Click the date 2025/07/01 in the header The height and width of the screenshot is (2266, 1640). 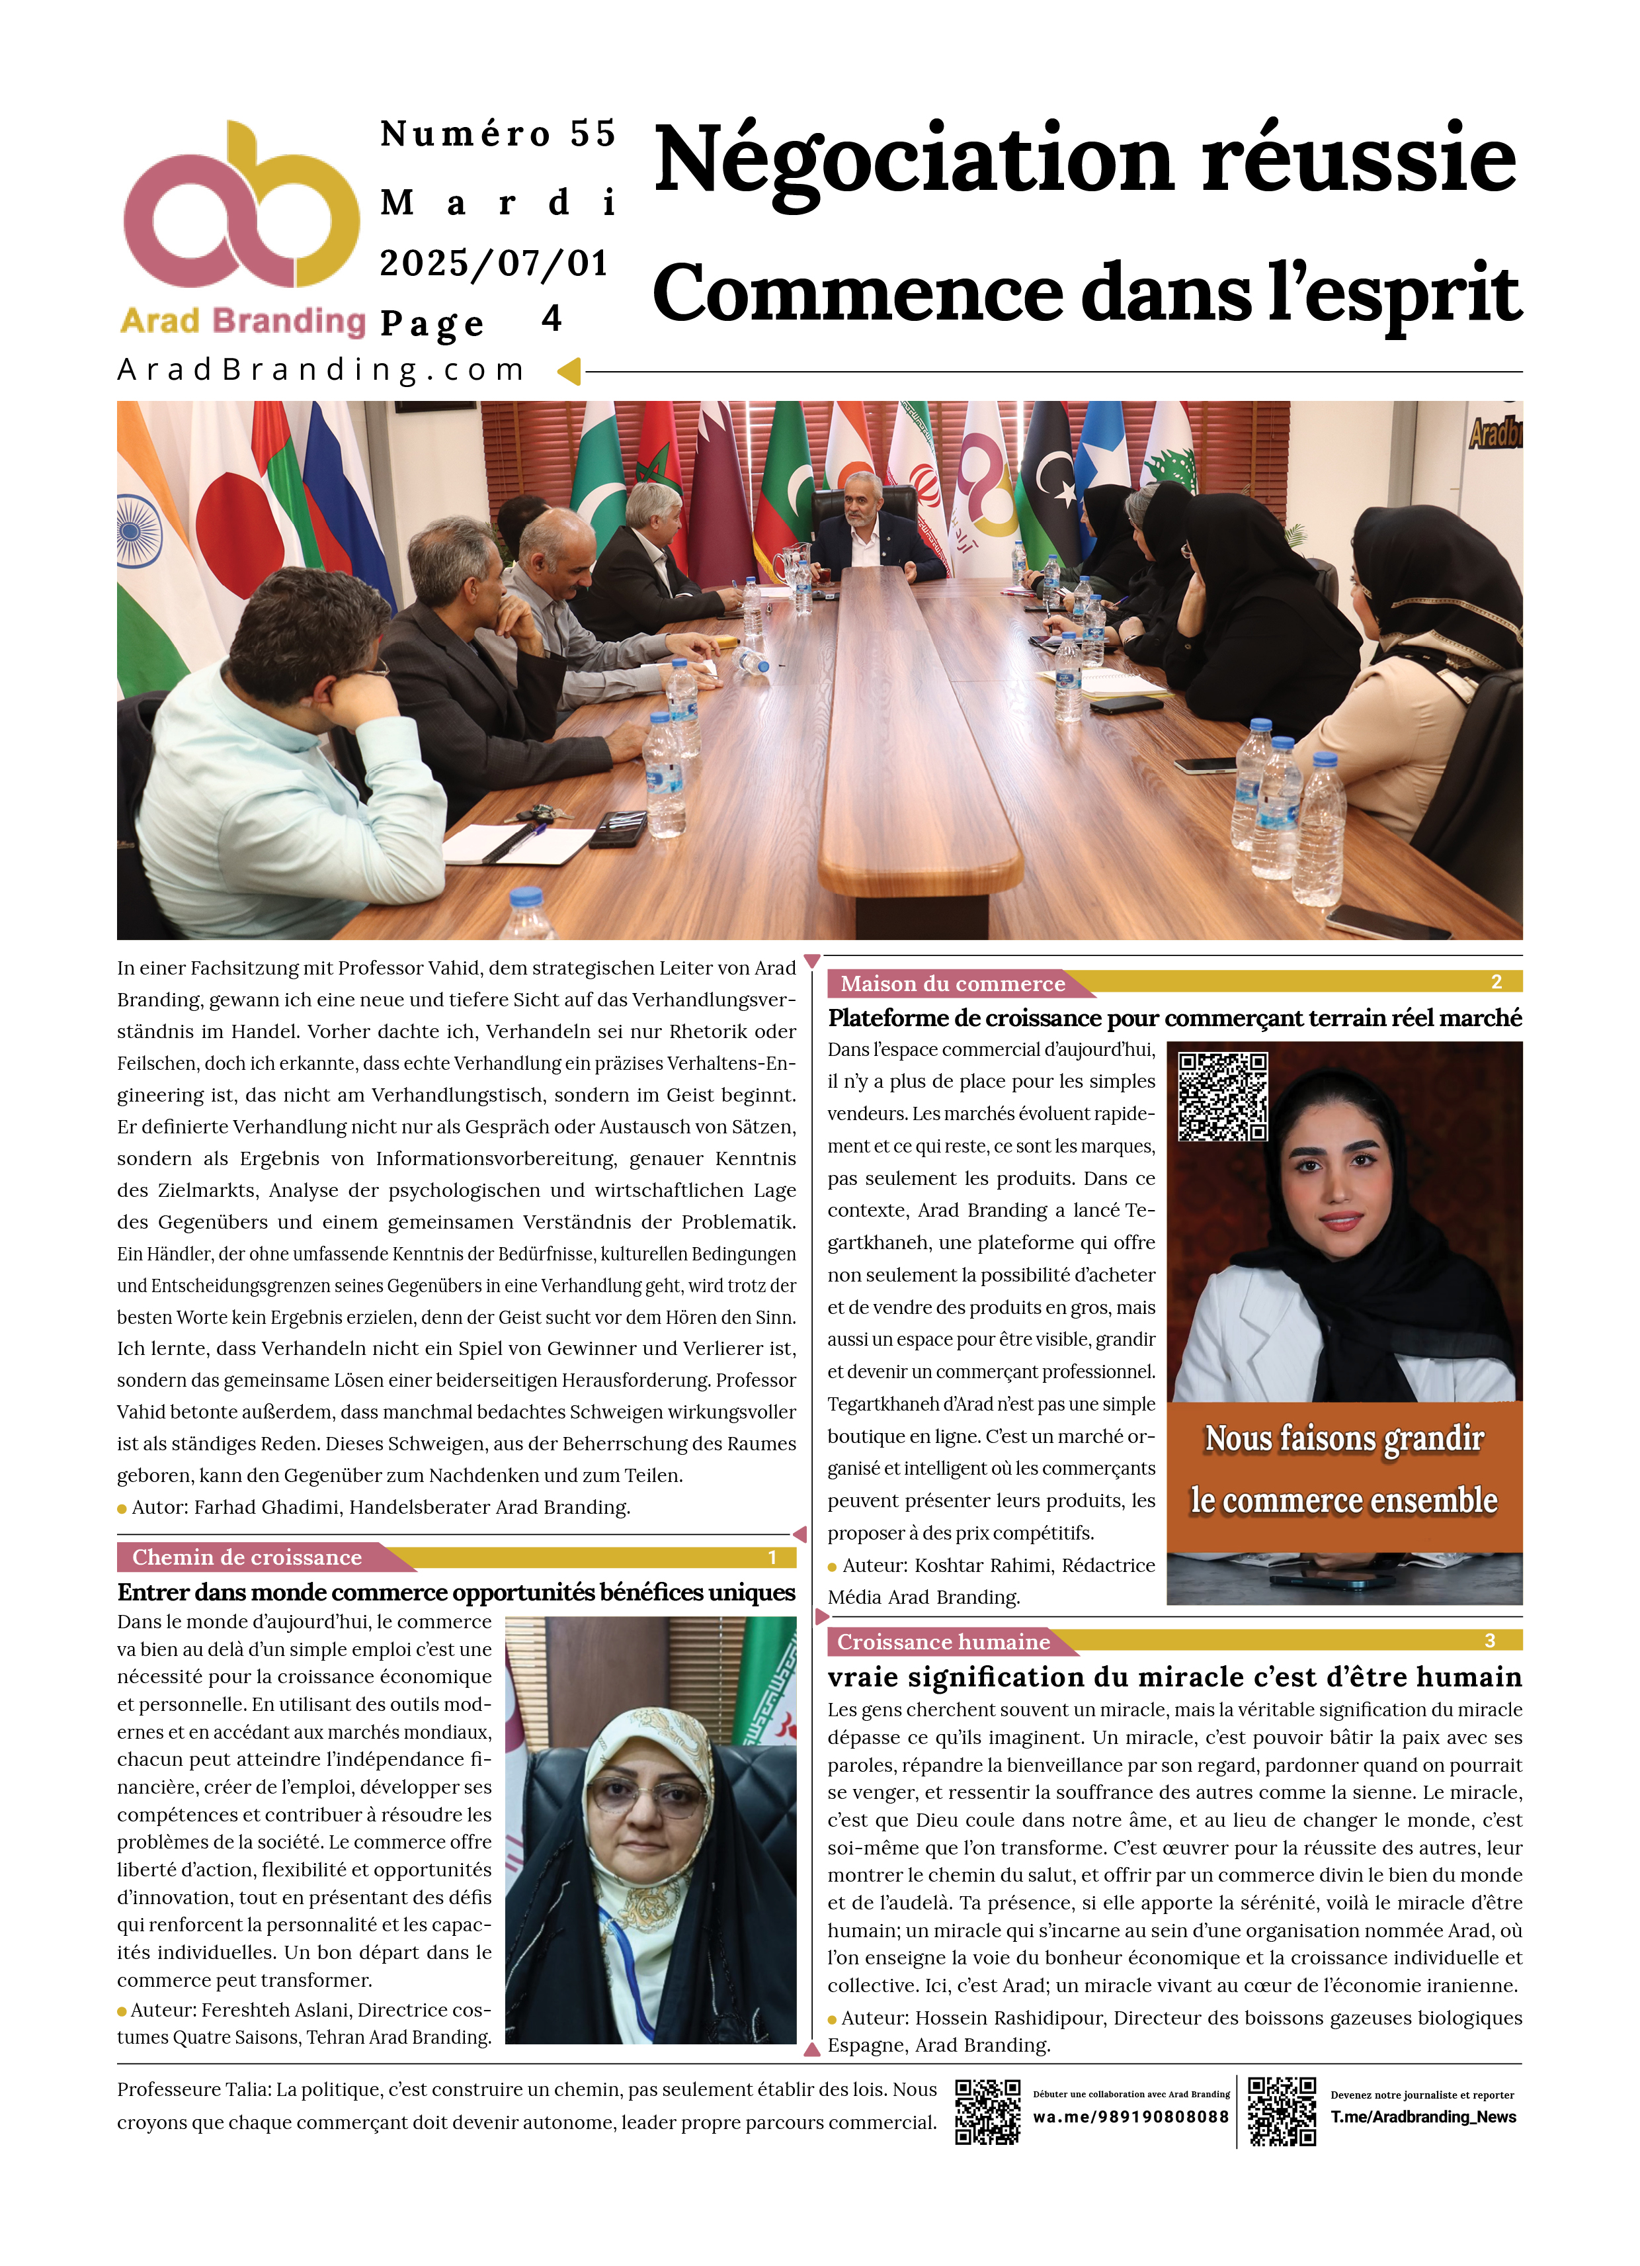493,264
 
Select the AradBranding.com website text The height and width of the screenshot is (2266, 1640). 321,370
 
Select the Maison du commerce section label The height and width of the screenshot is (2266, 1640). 952,984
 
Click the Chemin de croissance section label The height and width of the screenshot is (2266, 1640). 247,1557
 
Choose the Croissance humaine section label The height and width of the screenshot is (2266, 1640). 943,1643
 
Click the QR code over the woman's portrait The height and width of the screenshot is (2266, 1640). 1223,1096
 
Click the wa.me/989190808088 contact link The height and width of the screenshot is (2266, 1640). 1131,2117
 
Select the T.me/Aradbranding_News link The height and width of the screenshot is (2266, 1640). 1422,2117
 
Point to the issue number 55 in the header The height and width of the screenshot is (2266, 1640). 593,134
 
